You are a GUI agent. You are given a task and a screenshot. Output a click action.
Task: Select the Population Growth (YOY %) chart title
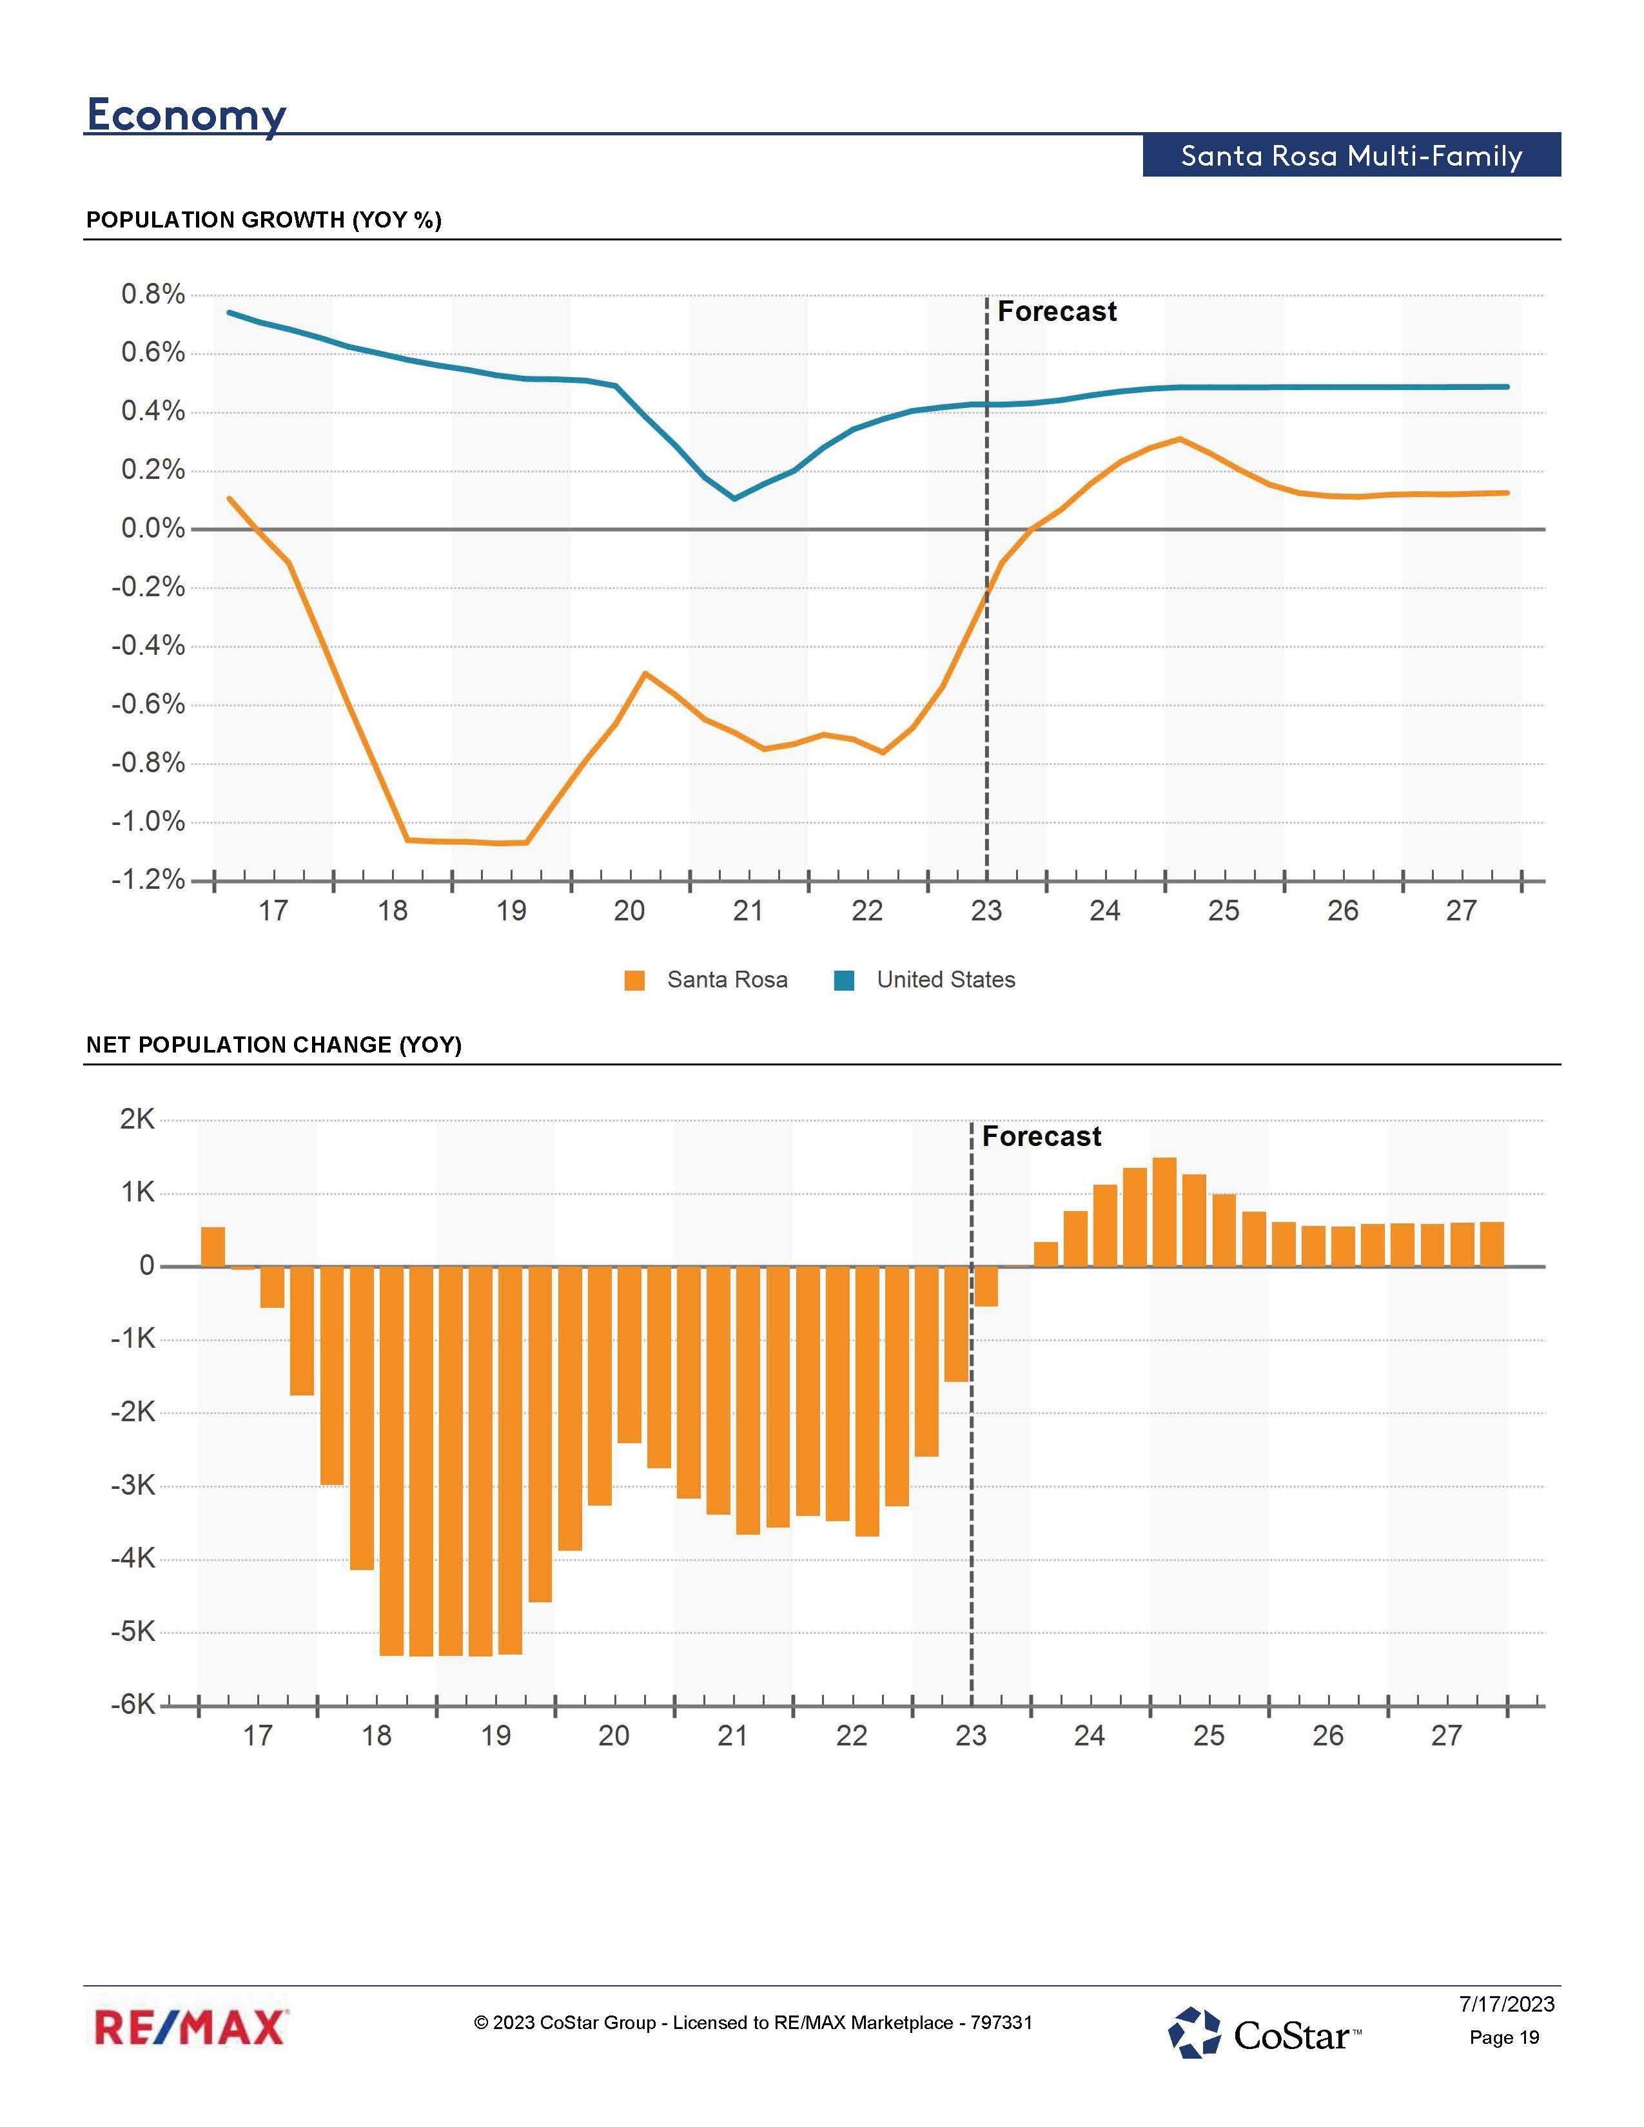coord(264,220)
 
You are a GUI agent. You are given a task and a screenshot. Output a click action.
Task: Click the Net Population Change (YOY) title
coord(273,1045)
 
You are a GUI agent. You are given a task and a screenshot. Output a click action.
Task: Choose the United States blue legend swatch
coord(845,981)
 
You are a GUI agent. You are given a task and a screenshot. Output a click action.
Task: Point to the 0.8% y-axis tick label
coord(153,294)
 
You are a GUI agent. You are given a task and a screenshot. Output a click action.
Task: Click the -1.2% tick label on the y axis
coord(148,880)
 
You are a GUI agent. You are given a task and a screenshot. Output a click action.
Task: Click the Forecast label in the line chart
coord(1057,312)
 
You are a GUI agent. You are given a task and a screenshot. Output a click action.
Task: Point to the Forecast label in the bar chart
coord(1041,1136)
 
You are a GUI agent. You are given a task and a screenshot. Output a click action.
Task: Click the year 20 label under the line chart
coord(629,911)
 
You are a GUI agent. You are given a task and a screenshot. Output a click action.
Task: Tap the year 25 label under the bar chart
coord(1209,1736)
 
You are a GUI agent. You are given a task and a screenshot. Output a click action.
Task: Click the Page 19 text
coord(1503,2037)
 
